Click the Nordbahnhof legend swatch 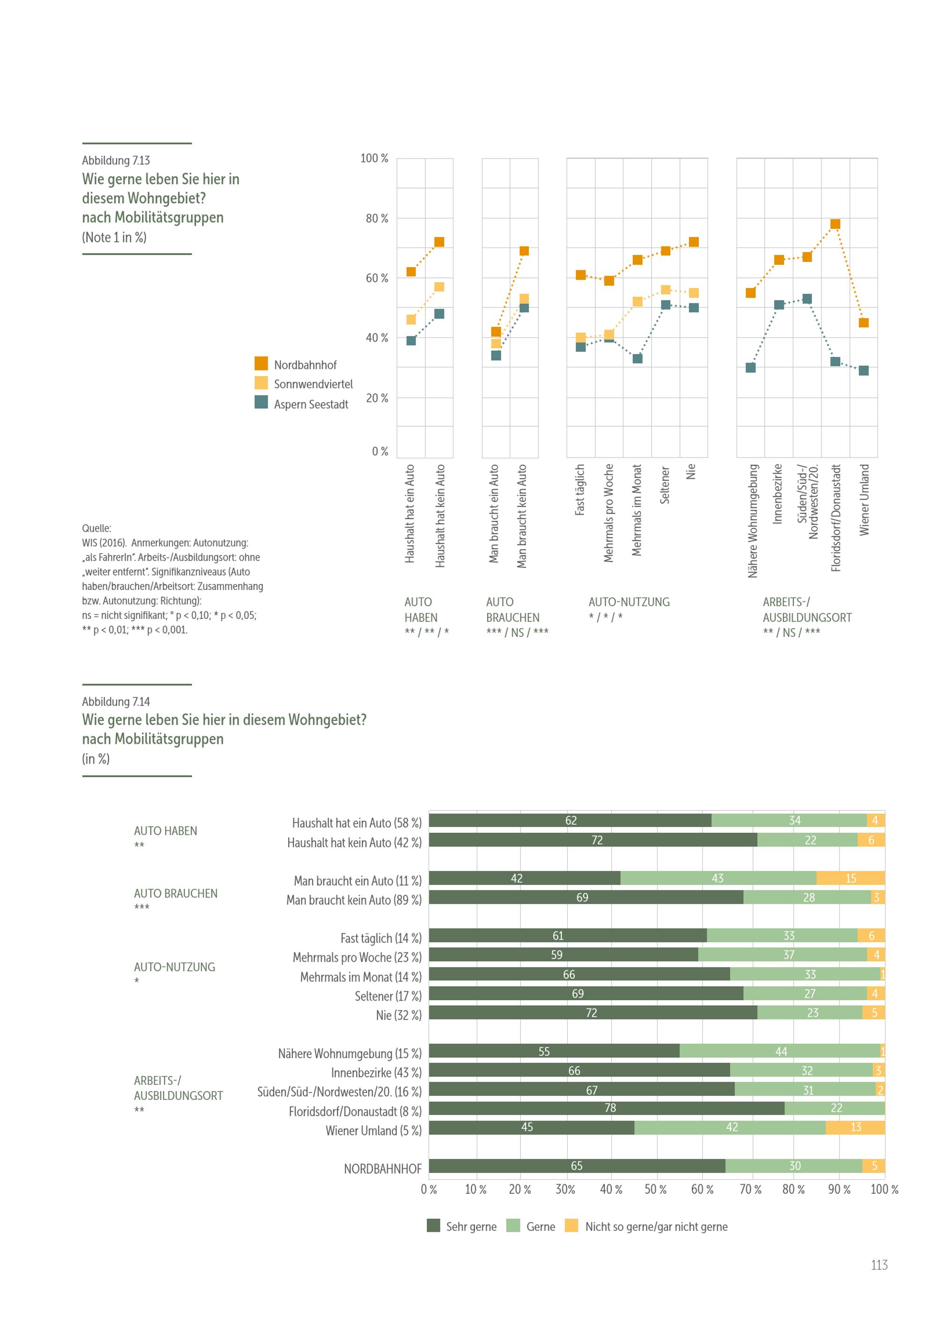261,363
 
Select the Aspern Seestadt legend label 311,405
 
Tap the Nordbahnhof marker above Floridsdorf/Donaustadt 835,224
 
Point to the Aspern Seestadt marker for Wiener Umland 863,371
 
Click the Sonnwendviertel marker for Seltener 665,290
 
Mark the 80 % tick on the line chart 377,218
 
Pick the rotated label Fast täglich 580,489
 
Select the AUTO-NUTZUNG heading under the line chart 629,602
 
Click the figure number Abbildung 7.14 116,701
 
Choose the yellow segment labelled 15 850,878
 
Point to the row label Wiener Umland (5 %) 373,1131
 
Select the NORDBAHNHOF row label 383,1169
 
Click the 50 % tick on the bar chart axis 655,1189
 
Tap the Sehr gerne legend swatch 433,1226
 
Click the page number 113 879,1265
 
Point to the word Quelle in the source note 96,528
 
